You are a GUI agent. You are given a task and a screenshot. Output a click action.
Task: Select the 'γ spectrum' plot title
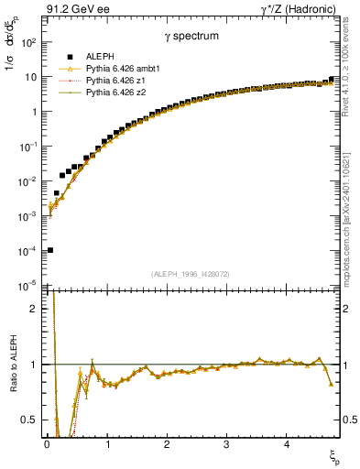pos(191,37)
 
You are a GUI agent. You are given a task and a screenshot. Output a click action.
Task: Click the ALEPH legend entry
pos(100,57)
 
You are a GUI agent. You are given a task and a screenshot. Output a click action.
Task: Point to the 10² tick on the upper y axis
pos(29,43)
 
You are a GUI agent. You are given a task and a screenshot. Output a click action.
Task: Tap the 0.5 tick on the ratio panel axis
pos(30,420)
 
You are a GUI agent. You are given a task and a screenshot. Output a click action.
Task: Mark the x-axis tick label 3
pos(226,444)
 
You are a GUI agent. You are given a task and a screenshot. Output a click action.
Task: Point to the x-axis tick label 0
pos(47,444)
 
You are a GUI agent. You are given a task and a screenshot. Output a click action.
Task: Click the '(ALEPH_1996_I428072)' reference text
pos(191,274)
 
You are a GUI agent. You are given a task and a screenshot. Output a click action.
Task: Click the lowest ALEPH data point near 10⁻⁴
pos(49,250)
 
